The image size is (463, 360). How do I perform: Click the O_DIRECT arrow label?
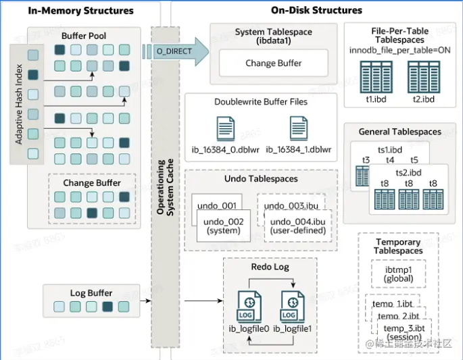[174, 51]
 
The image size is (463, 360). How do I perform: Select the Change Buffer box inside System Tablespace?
[274, 63]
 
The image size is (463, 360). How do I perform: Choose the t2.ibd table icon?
[423, 76]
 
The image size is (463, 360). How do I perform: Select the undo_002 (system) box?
[222, 226]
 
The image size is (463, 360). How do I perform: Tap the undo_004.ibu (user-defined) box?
[297, 226]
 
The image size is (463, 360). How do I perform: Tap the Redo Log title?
[270, 267]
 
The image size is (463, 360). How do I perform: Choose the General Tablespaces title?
[401, 132]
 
